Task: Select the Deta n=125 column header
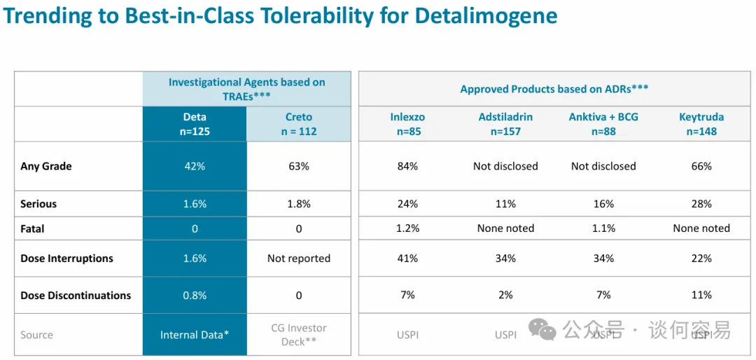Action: coord(195,124)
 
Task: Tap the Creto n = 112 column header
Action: coord(299,124)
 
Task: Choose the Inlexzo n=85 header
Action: coord(407,124)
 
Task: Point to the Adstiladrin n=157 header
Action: coord(505,124)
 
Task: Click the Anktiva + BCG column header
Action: coord(603,124)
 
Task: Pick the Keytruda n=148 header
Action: coord(701,124)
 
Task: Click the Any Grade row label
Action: coord(46,166)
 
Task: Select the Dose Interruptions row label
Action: coord(66,258)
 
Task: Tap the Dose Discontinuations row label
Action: coord(76,295)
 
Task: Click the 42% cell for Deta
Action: coord(195,166)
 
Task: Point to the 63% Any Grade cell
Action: coord(299,166)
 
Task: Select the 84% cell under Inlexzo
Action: coord(407,166)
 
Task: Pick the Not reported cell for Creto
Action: coord(299,258)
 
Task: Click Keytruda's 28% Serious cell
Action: coord(701,204)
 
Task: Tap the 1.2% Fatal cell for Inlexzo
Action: coord(407,228)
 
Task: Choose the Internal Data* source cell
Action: coord(195,335)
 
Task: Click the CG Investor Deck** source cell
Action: coord(299,335)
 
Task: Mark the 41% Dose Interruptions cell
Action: coord(407,258)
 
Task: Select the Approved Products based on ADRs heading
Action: coord(554,89)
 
